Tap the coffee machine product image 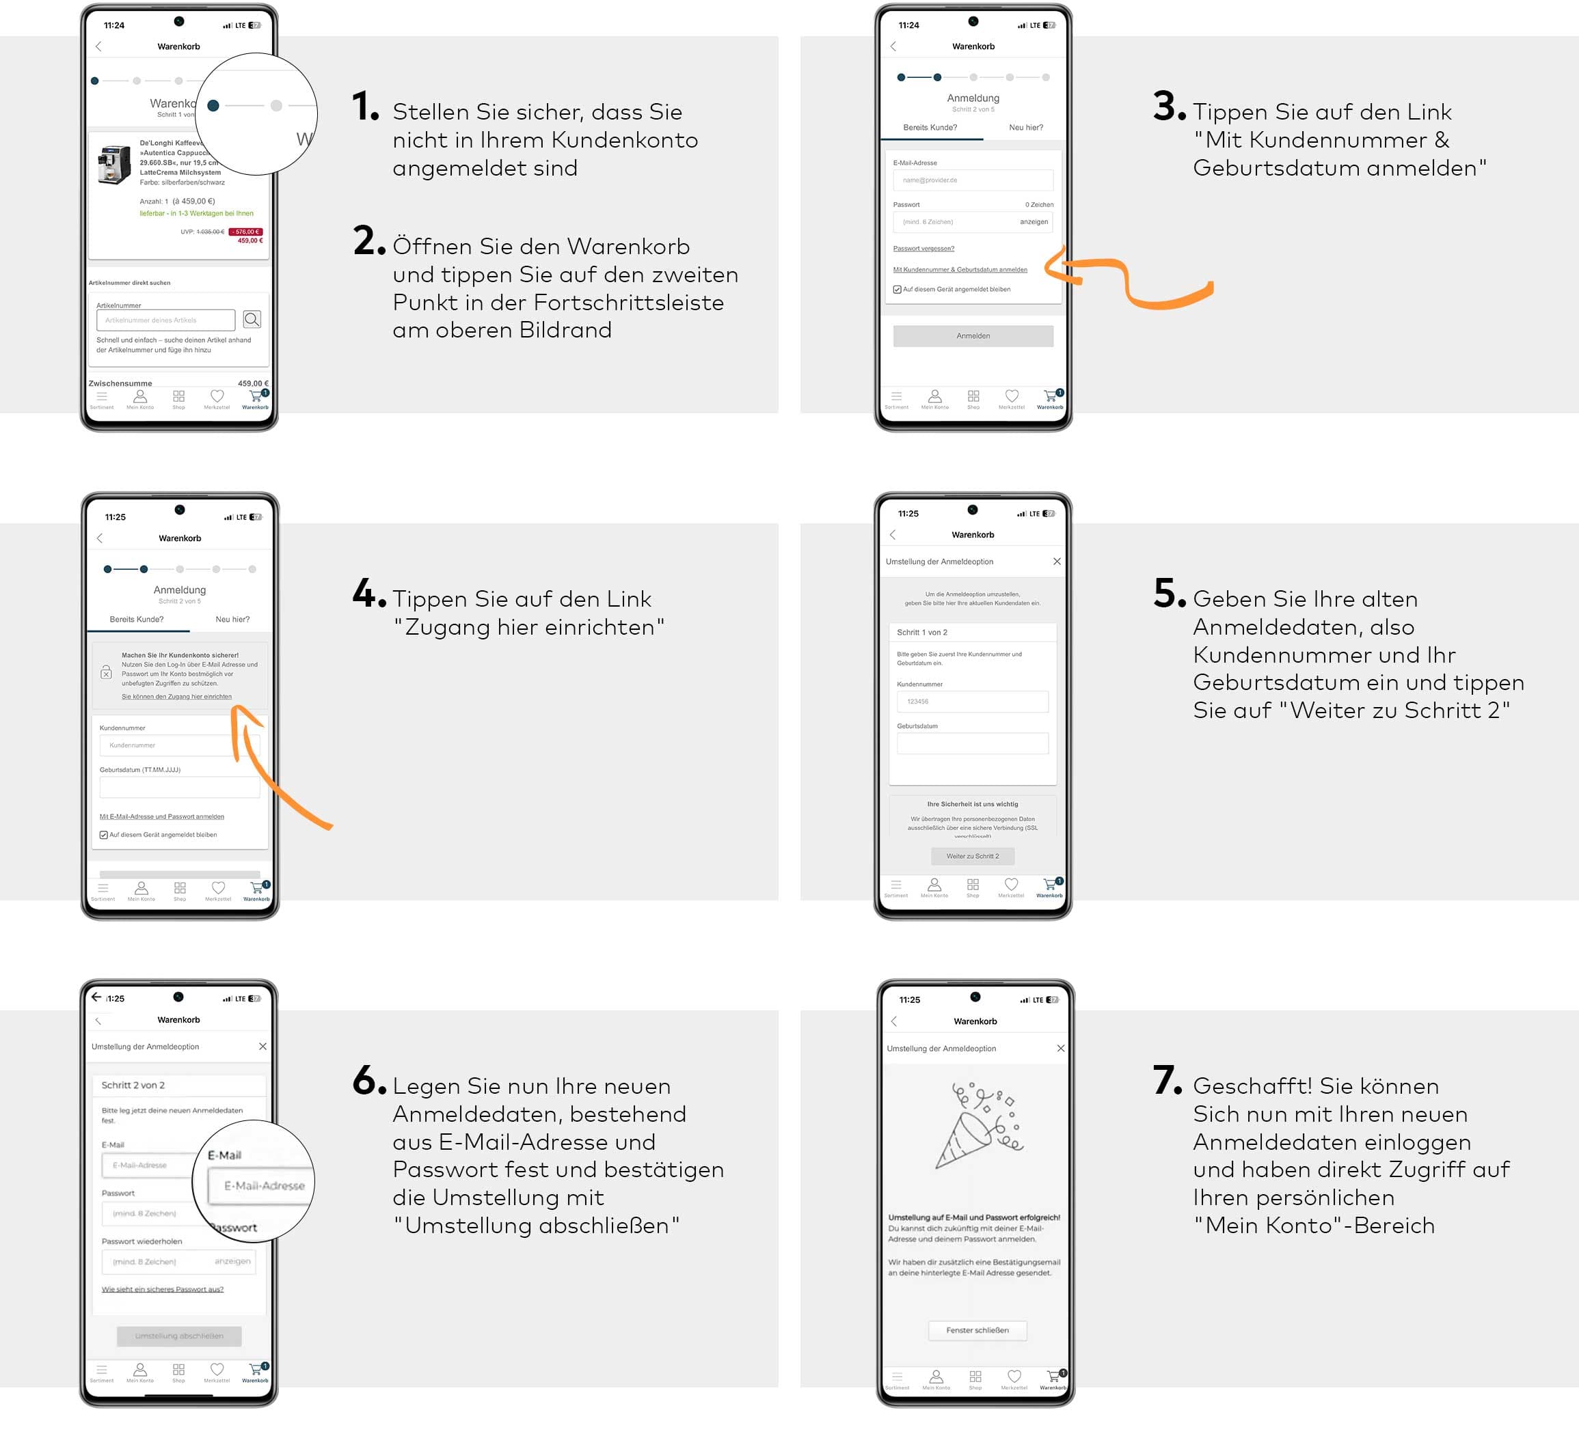[x=114, y=165]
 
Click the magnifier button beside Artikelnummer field [x=252, y=320]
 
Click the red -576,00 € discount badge [x=246, y=232]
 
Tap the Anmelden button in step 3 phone [x=973, y=336]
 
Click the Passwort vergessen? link [x=923, y=248]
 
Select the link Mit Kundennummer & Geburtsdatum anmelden [x=960, y=269]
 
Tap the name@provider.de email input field [x=973, y=180]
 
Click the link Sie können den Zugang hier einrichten [x=176, y=696]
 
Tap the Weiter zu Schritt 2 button [x=972, y=856]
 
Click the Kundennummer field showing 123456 [x=972, y=702]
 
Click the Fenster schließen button [x=977, y=1330]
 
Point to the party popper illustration [x=978, y=1124]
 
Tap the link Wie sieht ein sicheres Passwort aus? [x=162, y=1289]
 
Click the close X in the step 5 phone [x=1057, y=562]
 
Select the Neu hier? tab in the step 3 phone [x=1025, y=128]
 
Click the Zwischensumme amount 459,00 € [x=252, y=384]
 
